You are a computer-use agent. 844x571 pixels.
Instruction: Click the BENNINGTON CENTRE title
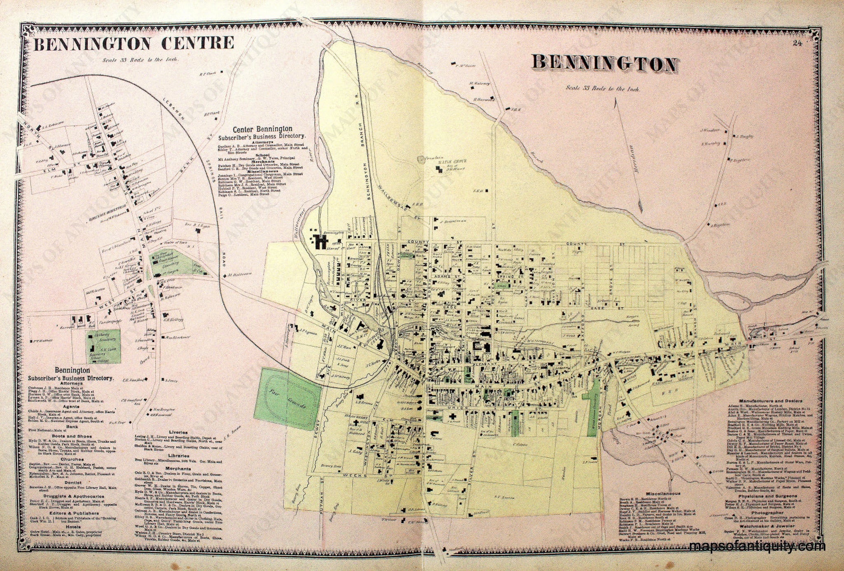click(134, 43)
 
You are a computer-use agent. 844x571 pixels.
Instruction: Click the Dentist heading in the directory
click(72, 482)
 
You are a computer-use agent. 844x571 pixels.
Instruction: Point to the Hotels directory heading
click(72, 527)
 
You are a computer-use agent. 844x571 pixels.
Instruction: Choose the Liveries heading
click(178, 433)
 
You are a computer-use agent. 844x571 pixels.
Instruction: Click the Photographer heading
click(767, 513)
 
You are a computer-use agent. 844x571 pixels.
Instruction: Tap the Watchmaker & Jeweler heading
click(767, 527)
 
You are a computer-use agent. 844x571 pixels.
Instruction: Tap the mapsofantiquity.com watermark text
click(757, 547)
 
